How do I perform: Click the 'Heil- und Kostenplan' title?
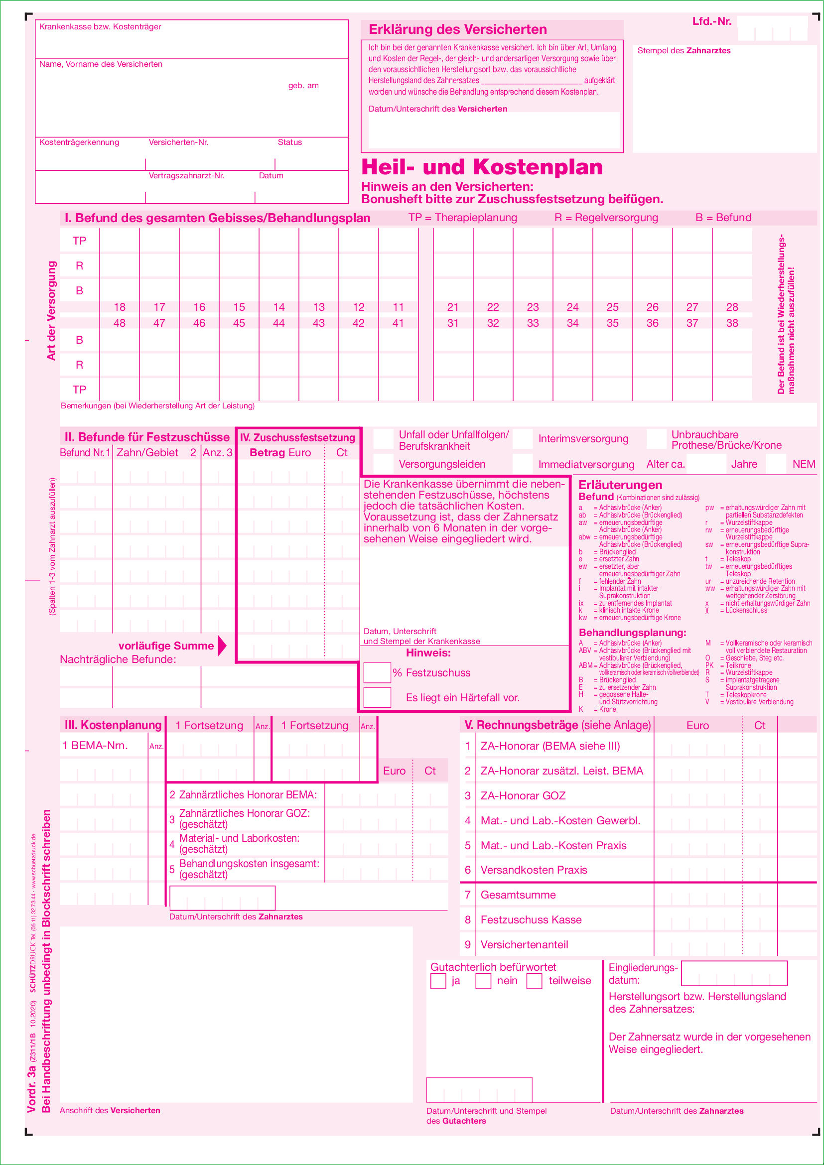click(482, 167)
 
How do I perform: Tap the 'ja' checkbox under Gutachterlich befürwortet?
click(438, 981)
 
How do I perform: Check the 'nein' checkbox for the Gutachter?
click(483, 981)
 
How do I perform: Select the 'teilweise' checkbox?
click(534, 981)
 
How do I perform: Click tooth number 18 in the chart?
click(120, 307)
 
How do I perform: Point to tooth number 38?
click(732, 323)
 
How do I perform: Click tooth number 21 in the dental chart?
click(452, 307)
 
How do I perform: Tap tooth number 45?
click(239, 323)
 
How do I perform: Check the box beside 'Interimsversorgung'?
click(523, 439)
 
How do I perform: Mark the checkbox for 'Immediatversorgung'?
click(523, 464)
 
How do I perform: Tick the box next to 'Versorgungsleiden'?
click(384, 464)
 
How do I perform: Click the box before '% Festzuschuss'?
click(377, 672)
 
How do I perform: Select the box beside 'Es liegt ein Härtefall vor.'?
click(377, 697)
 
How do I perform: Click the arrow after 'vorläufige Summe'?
click(222, 646)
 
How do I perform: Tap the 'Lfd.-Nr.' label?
click(711, 21)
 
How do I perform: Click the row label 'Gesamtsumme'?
click(518, 895)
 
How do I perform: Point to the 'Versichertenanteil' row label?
click(524, 944)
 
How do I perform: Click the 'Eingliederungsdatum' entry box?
click(734, 973)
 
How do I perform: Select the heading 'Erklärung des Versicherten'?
click(457, 29)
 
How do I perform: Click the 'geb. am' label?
click(303, 85)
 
